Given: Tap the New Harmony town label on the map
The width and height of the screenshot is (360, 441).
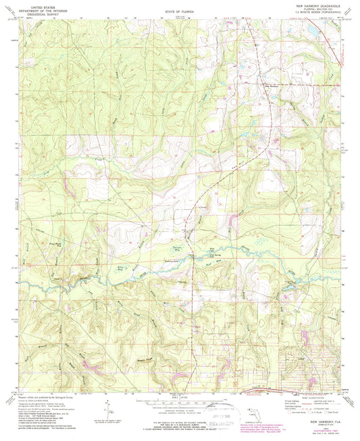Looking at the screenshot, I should pos(271,85).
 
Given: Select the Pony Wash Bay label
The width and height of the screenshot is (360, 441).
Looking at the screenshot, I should pos(34,237).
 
